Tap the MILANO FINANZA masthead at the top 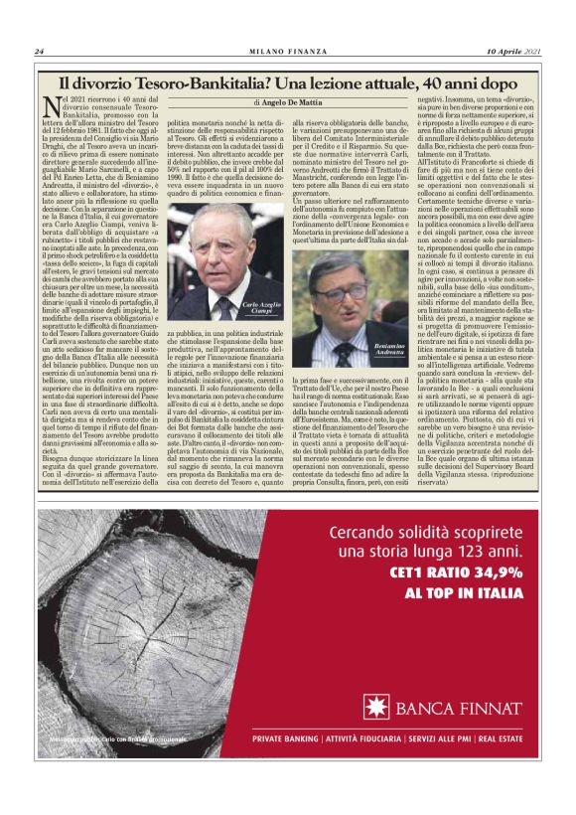pyautogui.click(x=288, y=52)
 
